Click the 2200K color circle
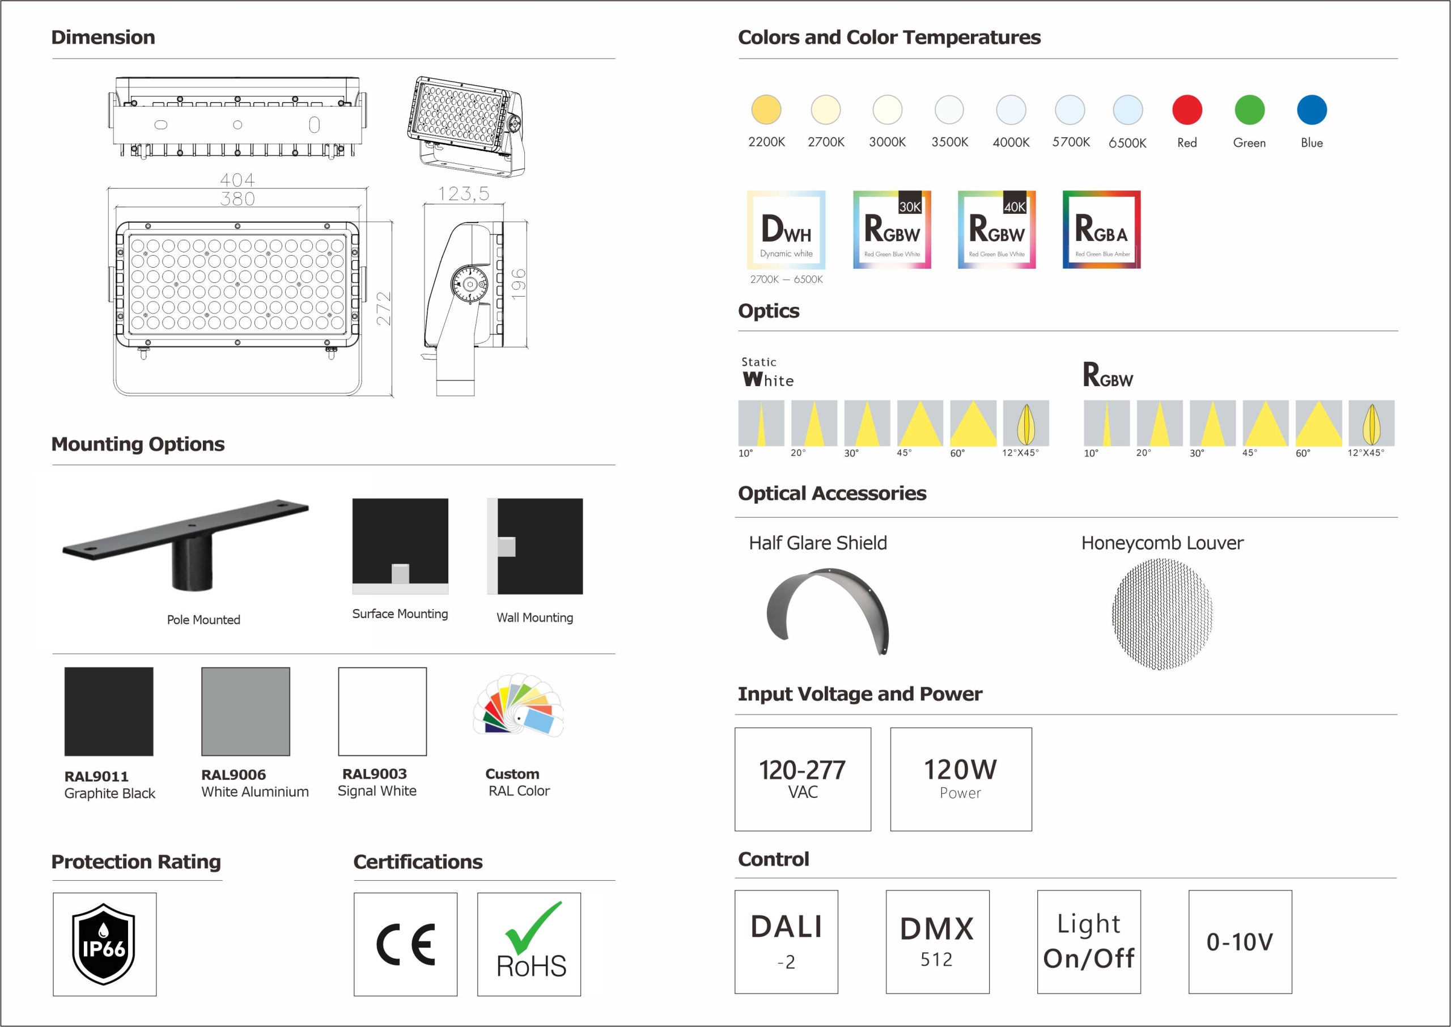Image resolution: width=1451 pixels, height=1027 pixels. click(x=766, y=109)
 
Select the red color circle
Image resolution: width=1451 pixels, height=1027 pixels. click(x=1187, y=109)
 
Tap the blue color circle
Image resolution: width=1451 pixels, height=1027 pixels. click(x=1312, y=109)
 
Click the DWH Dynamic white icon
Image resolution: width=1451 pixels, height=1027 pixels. click(x=786, y=230)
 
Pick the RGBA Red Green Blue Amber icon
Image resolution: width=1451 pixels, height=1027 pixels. click(x=1101, y=230)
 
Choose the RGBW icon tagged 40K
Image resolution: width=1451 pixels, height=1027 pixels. click(x=996, y=230)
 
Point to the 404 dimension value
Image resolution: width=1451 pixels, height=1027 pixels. click(x=237, y=180)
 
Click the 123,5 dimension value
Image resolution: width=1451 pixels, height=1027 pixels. click(x=464, y=193)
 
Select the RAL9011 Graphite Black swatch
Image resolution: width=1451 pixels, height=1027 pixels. click(x=109, y=712)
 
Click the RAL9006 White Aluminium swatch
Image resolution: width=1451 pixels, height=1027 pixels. click(x=246, y=712)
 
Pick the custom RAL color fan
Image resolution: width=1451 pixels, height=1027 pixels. click(x=518, y=705)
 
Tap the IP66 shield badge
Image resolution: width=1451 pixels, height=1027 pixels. click(x=104, y=944)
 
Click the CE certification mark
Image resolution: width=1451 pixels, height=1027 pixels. click(x=406, y=945)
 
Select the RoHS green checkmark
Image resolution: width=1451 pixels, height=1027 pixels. click(x=532, y=928)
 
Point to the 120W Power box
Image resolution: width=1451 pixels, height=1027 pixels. click(x=961, y=779)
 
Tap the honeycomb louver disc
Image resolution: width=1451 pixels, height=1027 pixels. click(x=1161, y=614)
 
